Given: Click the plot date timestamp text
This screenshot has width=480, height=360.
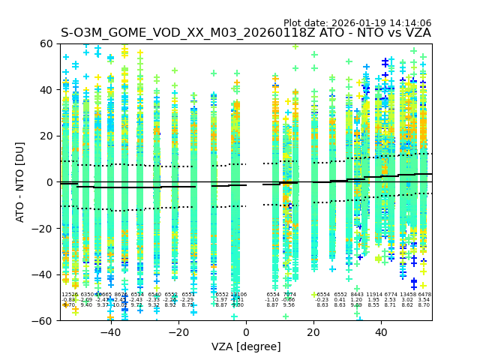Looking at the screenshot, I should (357, 23).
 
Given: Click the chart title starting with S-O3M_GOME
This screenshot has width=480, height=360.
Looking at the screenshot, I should (246, 33).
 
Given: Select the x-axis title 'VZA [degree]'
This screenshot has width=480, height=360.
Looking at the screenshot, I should (246, 346).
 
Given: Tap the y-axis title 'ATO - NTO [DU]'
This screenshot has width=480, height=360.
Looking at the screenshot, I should (21, 182).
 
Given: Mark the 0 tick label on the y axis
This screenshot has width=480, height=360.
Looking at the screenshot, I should (50, 182).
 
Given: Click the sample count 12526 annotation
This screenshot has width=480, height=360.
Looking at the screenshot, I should (69, 295).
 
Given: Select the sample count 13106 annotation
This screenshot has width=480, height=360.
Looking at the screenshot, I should (238, 295).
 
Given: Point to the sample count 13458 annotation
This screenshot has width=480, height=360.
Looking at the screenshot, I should (407, 295).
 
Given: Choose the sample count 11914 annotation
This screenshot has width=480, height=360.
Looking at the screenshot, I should (373, 295).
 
